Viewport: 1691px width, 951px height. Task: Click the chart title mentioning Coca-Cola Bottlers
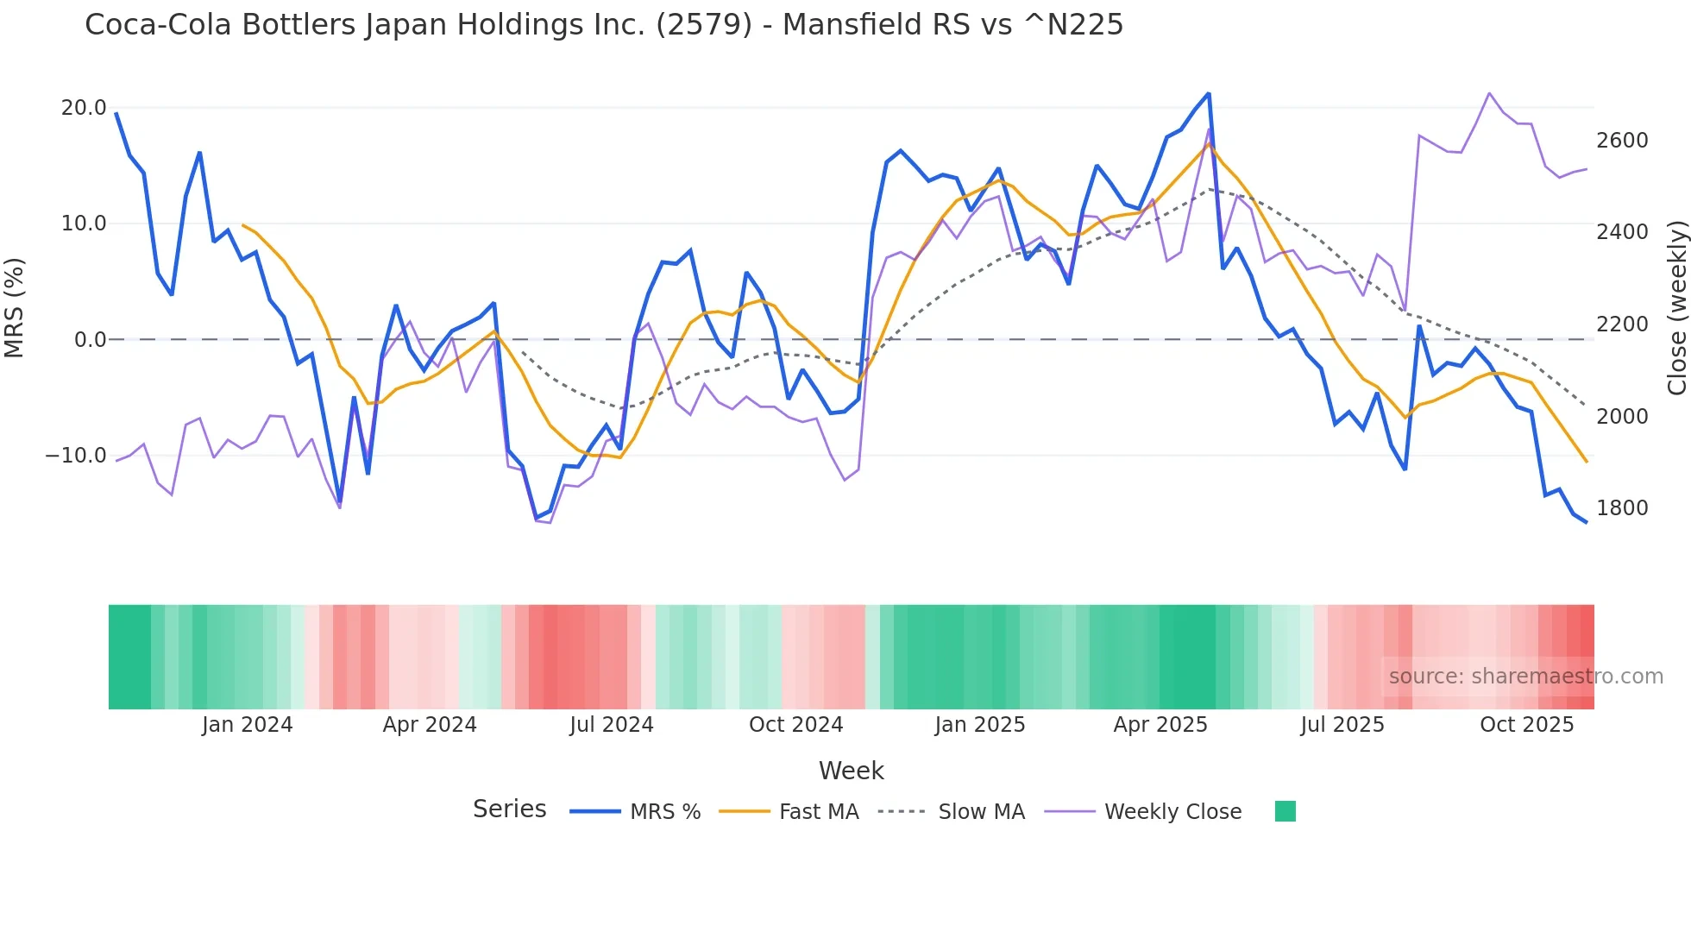tap(604, 25)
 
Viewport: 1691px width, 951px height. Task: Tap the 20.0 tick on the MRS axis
tap(84, 108)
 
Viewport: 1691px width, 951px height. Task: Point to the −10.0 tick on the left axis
tap(76, 456)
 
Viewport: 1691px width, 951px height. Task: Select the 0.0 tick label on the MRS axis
tap(90, 340)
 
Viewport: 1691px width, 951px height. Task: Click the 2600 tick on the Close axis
tap(1622, 141)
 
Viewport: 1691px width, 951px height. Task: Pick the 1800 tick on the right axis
tap(1622, 508)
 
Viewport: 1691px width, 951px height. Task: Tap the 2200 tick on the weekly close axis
tap(1622, 324)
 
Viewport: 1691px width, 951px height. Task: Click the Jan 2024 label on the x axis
tap(248, 725)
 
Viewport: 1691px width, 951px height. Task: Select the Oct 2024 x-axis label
tap(795, 725)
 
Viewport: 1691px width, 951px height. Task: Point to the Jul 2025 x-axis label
tap(1342, 725)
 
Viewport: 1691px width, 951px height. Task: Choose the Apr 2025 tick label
tap(1160, 725)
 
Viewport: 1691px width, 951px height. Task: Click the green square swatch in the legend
tap(1286, 811)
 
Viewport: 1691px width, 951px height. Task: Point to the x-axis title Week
tap(851, 771)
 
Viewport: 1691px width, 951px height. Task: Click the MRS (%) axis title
tap(15, 307)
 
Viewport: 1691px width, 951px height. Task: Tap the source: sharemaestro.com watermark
tap(1525, 677)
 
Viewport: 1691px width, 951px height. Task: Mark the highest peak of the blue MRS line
tap(1209, 93)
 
